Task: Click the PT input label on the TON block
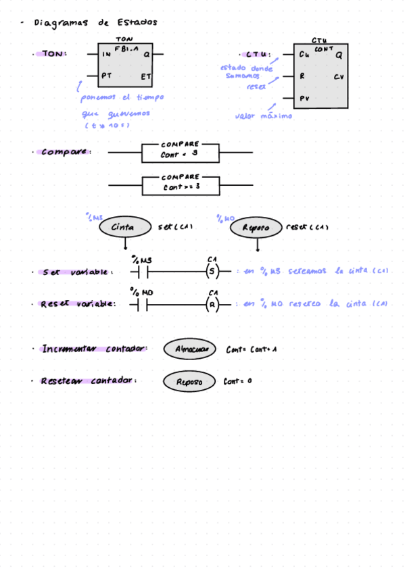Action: pyautogui.click(x=106, y=76)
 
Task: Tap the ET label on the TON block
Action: pyautogui.click(x=145, y=76)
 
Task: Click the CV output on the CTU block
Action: pyautogui.click(x=339, y=76)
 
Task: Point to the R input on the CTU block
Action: pyautogui.click(x=302, y=76)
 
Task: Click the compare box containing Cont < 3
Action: pyautogui.click(x=180, y=153)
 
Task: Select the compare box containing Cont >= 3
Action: pyautogui.click(x=181, y=184)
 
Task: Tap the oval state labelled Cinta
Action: pyautogui.click(x=122, y=228)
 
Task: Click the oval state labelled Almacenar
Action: pyautogui.click(x=191, y=349)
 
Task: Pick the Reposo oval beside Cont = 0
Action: pyautogui.click(x=189, y=382)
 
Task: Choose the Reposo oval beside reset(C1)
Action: pyautogui.click(x=256, y=228)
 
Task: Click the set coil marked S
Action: pyautogui.click(x=212, y=272)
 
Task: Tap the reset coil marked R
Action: pyautogui.click(x=212, y=304)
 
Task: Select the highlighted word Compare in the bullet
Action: pyautogui.click(x=65, y=152)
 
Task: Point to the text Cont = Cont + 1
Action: pyautogui.click(x=252, y=350)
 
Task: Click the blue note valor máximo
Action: pyautogui.click(x=263, y=116)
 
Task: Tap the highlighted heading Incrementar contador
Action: pyautogui.click(x=94, y=349)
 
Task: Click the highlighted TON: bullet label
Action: pyautogui.click(x=54, y=54)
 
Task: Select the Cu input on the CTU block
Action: pyautogui.click(x=304, y=54)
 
